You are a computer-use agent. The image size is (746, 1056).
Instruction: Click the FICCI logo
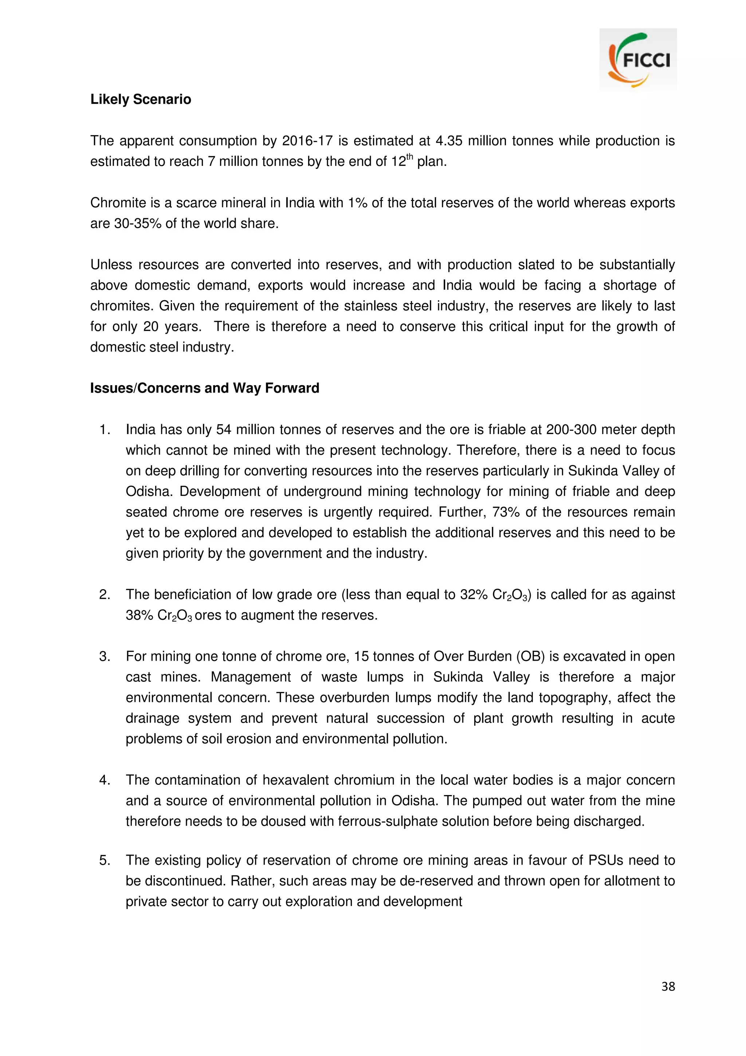pos(638,60)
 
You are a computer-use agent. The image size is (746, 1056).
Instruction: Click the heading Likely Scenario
pos(141,99)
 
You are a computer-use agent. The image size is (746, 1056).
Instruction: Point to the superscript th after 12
pos(410,157)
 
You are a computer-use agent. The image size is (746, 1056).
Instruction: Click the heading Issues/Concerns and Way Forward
pos(205,388)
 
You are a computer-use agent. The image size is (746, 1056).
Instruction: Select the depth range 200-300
pos(571,430)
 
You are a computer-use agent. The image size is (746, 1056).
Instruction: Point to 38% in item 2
pos(139,615)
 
